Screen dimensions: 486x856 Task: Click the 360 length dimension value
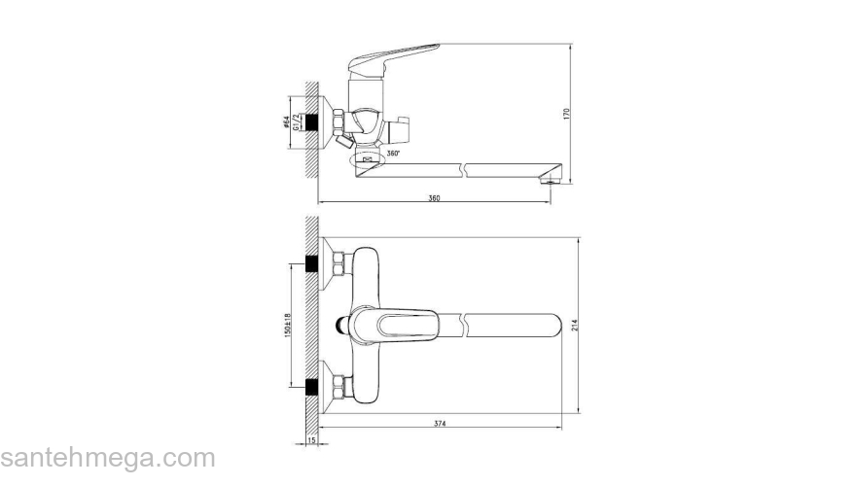click(x=435, y=198)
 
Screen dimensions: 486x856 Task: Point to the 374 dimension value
click(x=442, y=424)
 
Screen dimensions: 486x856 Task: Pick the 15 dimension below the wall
click(x=311, y=441)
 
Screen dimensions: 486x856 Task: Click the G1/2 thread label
click(x=295, y=121)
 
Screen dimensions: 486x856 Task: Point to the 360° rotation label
click(x=392, y=154)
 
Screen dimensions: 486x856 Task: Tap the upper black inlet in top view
click(x=312, y=263)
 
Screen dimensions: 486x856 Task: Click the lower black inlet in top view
click(x=312, y=387)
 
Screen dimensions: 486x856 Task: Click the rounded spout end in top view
click(x=554, y=325)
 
